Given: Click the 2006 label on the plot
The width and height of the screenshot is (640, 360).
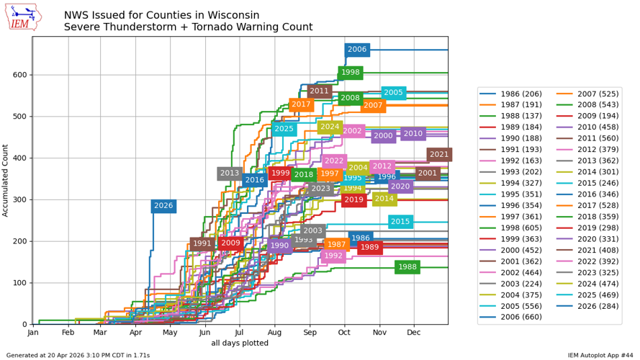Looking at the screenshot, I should [x=357, y=50].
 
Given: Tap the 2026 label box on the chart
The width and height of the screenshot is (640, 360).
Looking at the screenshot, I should [x=163, y=206].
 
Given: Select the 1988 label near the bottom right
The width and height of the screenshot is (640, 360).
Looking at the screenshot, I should [x=407, y=267].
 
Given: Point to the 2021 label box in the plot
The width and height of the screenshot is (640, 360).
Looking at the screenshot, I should [x=439, y=155].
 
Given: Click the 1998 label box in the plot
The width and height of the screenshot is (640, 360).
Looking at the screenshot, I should [x=351, y=73].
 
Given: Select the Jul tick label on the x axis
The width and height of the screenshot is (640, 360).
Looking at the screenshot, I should [x=239, y=333].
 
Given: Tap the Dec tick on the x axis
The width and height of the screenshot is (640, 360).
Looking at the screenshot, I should [x=414, y=333].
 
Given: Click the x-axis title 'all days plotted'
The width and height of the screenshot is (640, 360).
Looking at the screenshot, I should [x=240, y=344].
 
